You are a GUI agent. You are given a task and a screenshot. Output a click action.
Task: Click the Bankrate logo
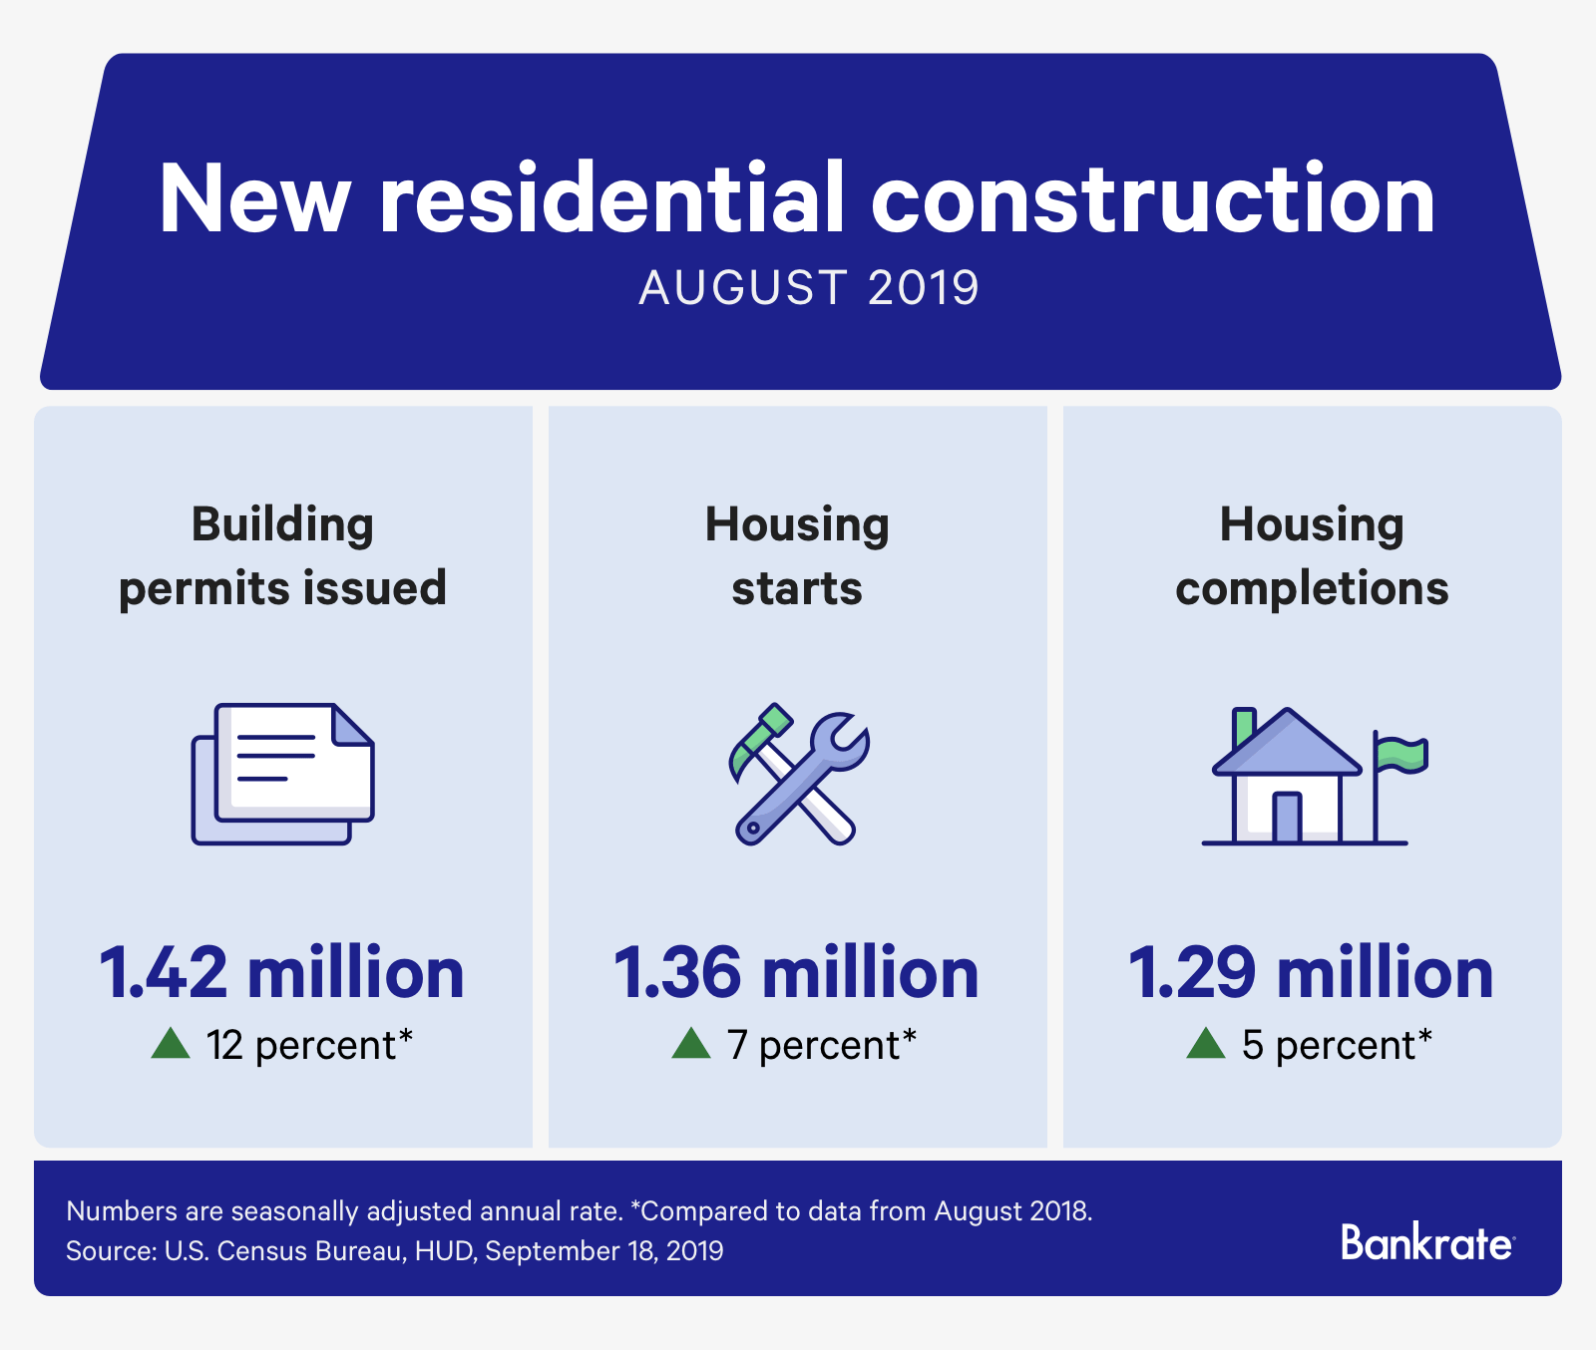coord(1427,1242)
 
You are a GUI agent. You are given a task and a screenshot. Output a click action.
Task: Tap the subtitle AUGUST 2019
coord(809,288)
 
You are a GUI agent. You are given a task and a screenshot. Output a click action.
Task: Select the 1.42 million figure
coord(282,972)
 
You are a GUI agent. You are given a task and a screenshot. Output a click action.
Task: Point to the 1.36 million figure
coord(797,972)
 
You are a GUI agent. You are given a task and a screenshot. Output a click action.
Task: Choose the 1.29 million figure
coord(1312,972)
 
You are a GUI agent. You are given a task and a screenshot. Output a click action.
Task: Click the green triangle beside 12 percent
coord(171,1043)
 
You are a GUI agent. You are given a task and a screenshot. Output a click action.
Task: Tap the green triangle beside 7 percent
coord(691,1043)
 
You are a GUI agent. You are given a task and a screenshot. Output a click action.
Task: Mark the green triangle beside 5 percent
coord(1206,1043)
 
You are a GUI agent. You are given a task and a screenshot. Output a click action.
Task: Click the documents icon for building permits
coord(282,774)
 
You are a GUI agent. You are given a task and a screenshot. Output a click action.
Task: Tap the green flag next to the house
coord(1401,754)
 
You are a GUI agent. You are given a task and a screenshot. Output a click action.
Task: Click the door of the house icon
coord(1287,818)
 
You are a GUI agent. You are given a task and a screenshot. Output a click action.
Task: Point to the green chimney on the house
coord(1244,727)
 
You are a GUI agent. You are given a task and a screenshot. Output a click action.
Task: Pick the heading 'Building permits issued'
coord(282,556)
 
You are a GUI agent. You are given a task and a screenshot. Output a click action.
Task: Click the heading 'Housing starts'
coord(797,556)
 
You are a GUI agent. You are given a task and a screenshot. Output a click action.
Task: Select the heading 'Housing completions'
coord(1312,556)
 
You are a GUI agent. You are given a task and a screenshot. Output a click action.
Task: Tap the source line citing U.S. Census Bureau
coord(395,1251)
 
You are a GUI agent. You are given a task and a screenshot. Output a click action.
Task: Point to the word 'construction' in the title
coord(1153,198)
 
